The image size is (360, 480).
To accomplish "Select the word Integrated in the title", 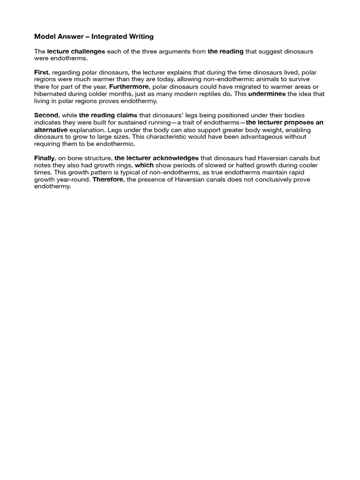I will tap(107, 36).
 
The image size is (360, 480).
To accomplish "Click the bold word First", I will tap(41, 73).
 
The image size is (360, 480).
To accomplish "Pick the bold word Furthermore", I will tap(128, 87).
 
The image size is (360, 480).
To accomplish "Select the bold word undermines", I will tap(266, 94).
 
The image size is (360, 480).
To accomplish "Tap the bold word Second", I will tap(46, 115).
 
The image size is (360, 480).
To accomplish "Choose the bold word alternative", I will tap(51, 129).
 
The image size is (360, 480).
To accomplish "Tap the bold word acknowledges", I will tap(175, 158).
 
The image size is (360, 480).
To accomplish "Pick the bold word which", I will tap(144, 165).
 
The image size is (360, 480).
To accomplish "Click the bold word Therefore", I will tap(108, 180).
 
